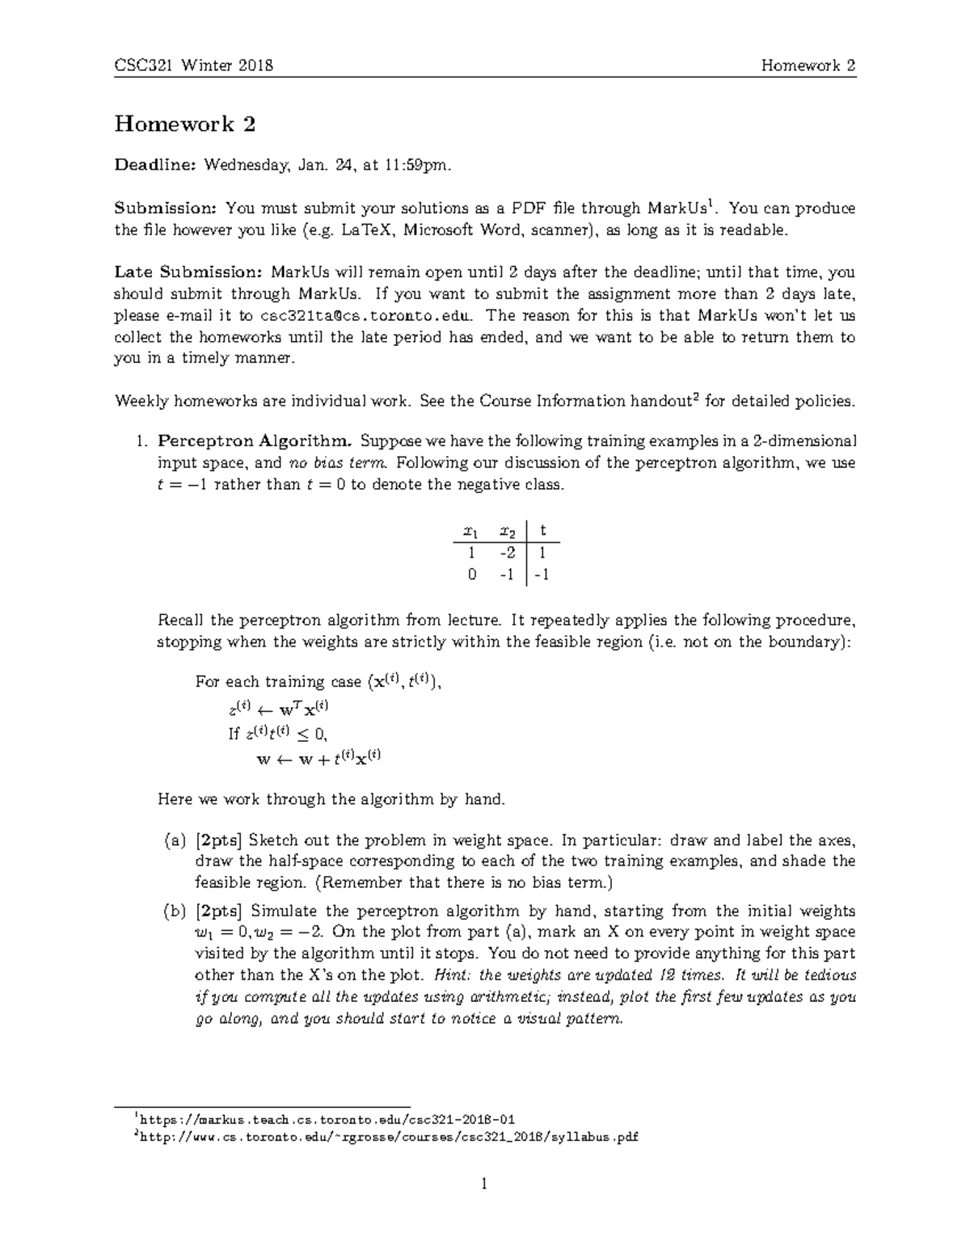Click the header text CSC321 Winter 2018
coord(193,65)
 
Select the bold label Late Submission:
coord(189,272)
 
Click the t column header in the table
coord(543,531)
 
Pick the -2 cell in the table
coord(507,553)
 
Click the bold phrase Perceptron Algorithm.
coord(255,441)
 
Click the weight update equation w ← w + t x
coord(318,759)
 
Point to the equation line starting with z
coord(279,710)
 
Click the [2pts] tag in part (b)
coord(218,911)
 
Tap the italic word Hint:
coord(453,975)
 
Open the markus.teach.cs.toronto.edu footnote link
coord(327,1119)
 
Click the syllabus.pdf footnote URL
coord(388,1137)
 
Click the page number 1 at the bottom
coord(485,1186)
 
